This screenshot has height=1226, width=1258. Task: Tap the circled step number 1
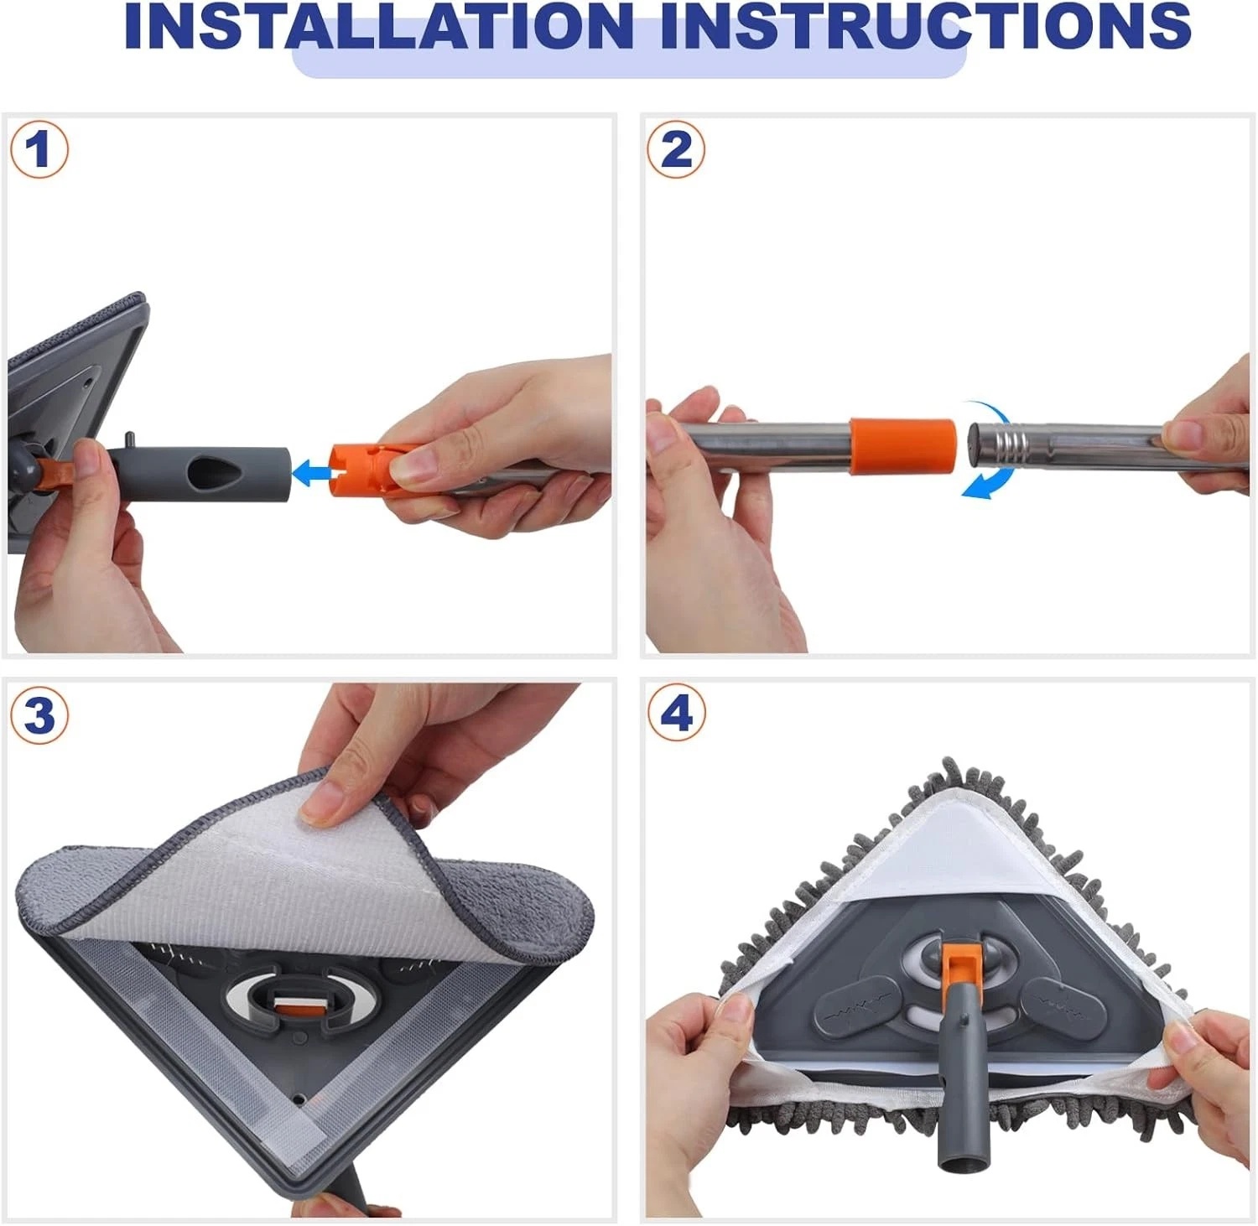tap(39, 150)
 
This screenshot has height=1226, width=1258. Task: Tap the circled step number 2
tap(676, 150)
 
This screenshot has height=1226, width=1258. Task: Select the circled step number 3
tap(39, 716)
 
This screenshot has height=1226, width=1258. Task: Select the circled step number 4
tap(676, 714)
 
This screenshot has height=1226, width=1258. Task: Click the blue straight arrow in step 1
tap(309, 473)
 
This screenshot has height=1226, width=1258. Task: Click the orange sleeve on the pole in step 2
tap(902, 446)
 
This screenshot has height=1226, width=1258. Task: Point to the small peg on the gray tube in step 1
tap(130, 439)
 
